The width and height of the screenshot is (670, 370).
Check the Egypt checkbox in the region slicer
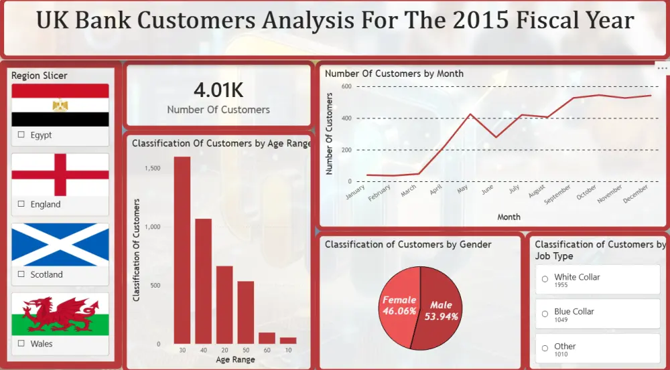21,135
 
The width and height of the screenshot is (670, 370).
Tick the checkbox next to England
21,205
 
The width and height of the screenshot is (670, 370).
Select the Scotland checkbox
21,274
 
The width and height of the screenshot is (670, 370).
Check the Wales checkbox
21,344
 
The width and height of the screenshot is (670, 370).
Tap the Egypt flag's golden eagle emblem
60,105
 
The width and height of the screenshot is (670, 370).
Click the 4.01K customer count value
218,90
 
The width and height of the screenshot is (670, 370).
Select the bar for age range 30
182,250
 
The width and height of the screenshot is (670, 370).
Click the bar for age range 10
287,341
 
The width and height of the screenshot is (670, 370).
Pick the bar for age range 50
246,312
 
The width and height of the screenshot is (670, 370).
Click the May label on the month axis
462,191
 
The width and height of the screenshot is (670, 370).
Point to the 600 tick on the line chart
346,87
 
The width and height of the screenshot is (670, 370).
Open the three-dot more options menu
662,68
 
